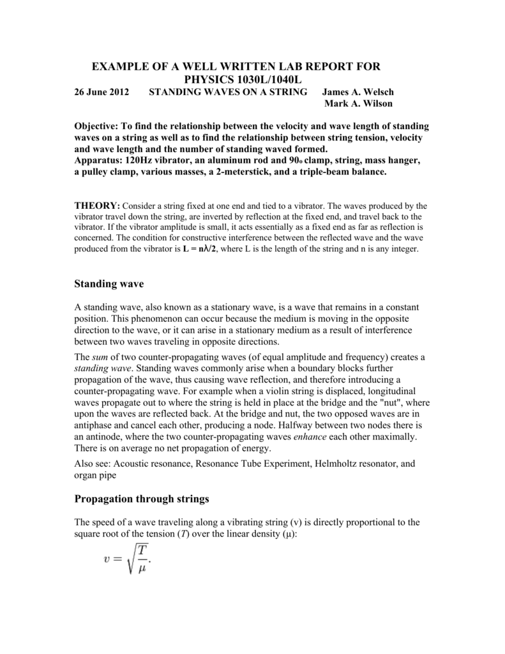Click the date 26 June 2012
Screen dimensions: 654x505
click(x=102, y=92)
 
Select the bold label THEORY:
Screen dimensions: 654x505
click(x=97, y=206)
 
